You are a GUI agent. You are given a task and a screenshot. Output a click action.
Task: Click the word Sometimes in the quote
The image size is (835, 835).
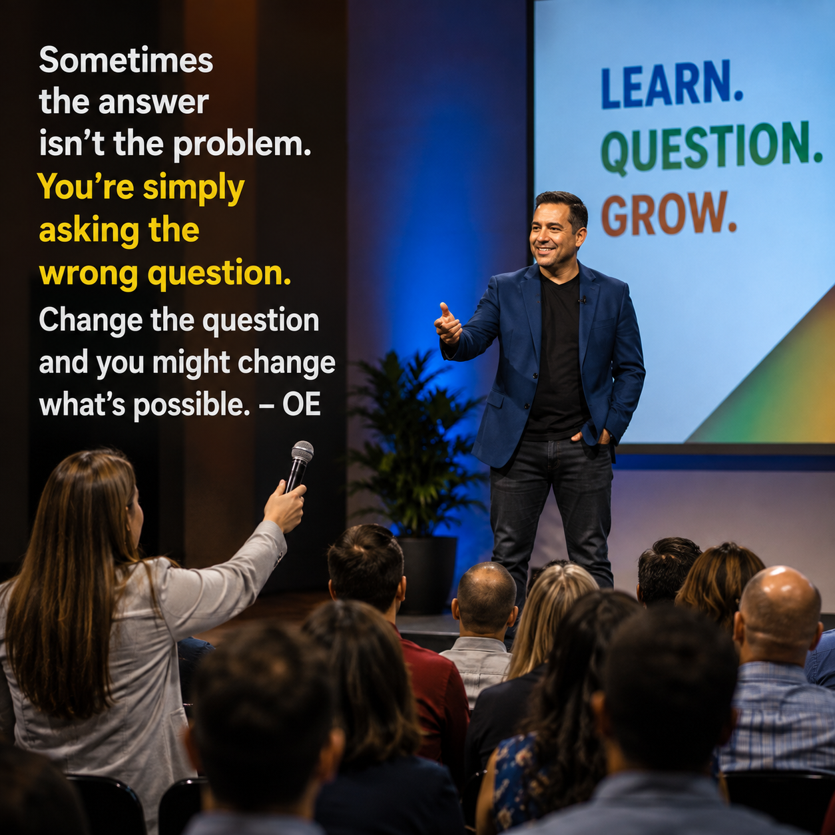click(x=126, y=60)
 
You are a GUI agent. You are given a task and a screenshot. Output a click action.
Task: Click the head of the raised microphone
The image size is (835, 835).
click(x=302, y=452)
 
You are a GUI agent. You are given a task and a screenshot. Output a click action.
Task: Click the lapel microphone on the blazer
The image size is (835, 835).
click(x=583, y=300)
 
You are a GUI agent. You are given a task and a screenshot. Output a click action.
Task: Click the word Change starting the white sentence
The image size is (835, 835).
click(x=91, y=321)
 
